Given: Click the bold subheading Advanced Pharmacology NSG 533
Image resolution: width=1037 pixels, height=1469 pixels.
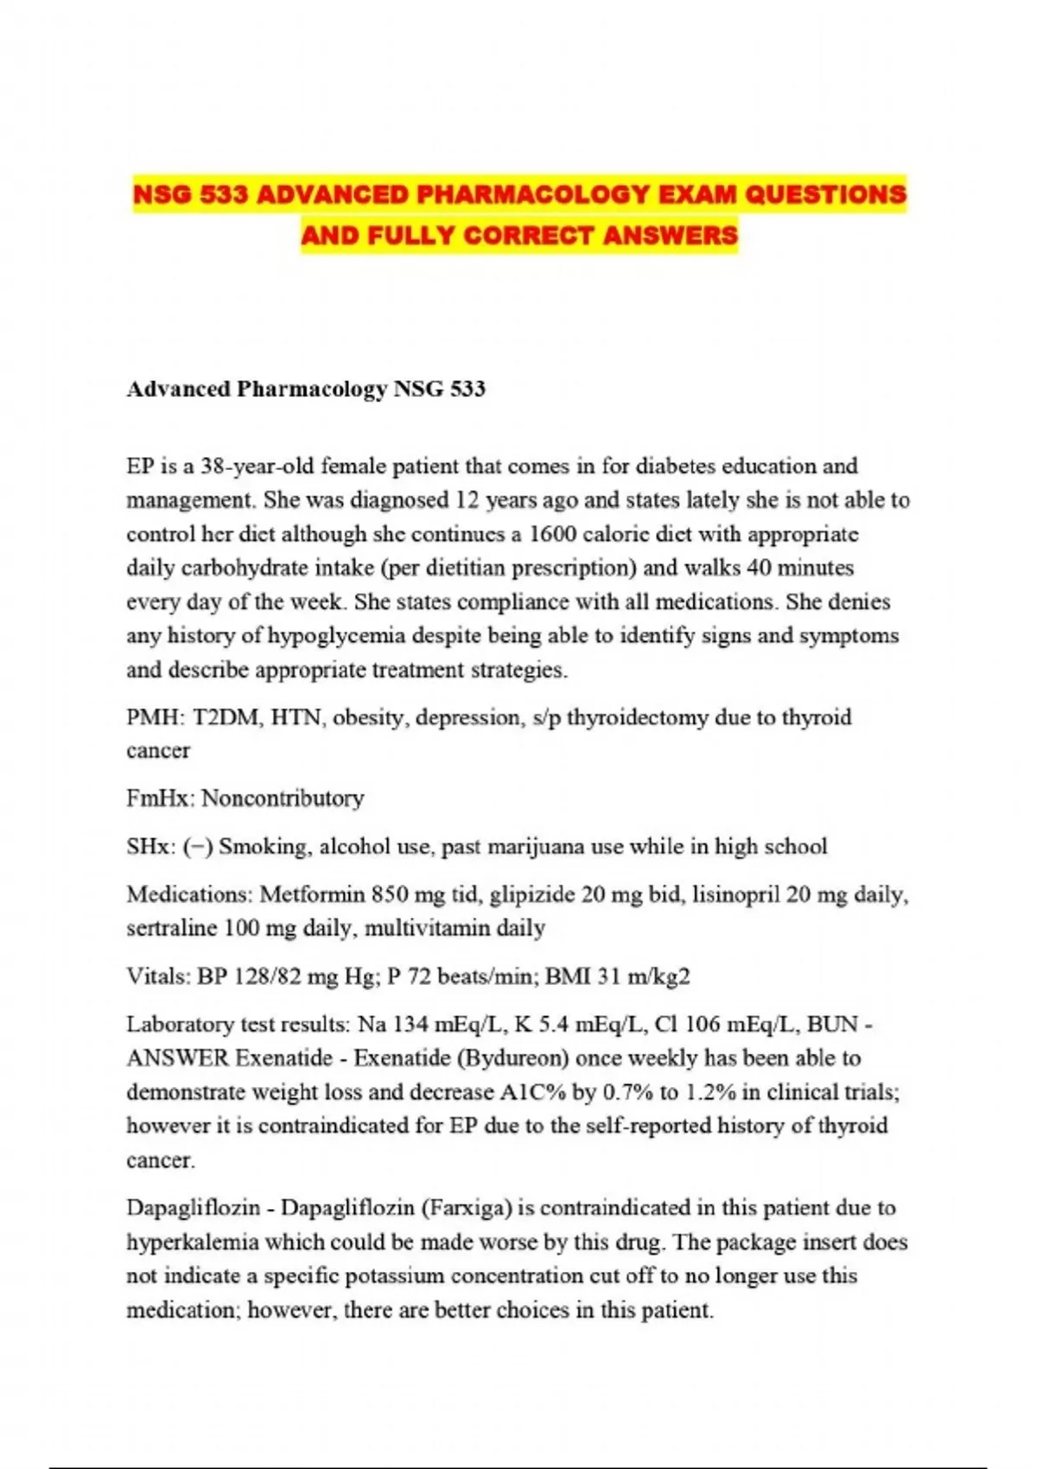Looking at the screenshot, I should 306,390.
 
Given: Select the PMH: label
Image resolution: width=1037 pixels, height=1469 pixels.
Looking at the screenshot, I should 155,718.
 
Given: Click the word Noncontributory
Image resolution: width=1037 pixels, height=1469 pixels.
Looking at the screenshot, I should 283,798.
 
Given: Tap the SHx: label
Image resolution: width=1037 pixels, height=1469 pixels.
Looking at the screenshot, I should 150,847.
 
